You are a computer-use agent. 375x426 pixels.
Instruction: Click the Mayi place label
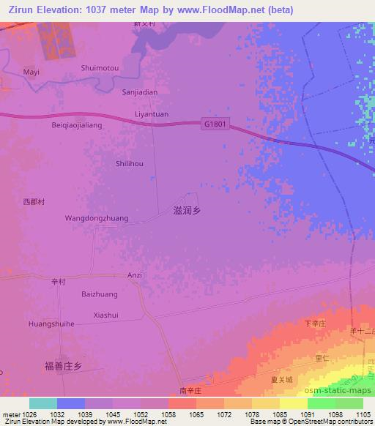point(31,72)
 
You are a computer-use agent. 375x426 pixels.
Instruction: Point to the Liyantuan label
point(152,114)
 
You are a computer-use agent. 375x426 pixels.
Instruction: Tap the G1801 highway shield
point(215,124)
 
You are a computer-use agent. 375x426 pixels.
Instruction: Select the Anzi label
point(134,275)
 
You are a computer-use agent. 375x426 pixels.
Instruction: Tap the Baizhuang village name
point(99,294)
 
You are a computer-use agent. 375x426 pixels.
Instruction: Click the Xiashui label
point(106,315)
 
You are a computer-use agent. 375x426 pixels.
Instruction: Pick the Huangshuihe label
point(52,324)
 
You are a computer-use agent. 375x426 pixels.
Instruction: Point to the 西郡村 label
point(34,201)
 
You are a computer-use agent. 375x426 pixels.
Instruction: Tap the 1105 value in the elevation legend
point(363,414)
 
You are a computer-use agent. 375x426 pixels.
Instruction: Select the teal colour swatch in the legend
point(42,403)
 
